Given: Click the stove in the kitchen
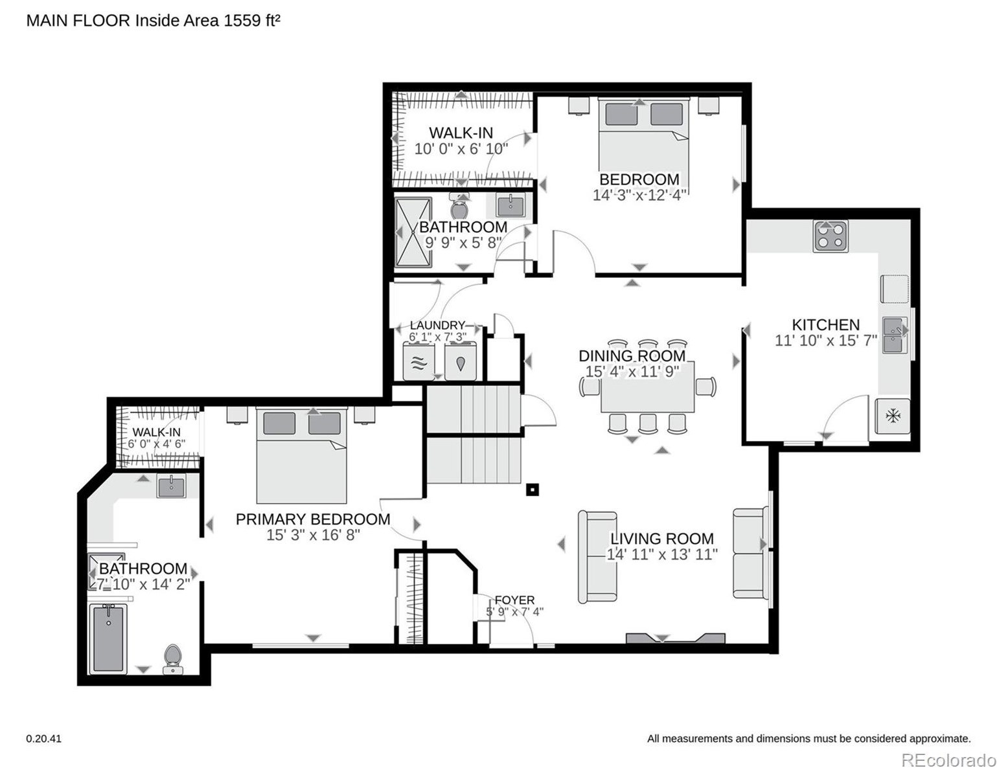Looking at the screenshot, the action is coord(830,236).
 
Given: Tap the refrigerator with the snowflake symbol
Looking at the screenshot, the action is coord(892,416).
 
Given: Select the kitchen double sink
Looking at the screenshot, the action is coord(894,335).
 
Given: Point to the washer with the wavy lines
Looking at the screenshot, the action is coord(418,362).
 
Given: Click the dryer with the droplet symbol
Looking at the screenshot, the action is coord(461,363).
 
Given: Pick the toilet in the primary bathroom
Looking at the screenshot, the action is coord(172,659).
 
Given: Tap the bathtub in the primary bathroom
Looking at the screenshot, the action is coord(108,638).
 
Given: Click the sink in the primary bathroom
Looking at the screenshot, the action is coord(171,486).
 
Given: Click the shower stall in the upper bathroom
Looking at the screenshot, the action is coord(413,232).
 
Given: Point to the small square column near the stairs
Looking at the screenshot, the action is coord(532,490).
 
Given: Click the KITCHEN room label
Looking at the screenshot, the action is coord(825,324).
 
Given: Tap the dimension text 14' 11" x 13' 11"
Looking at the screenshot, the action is coord(661,554).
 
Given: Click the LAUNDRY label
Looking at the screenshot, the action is coord(437,325).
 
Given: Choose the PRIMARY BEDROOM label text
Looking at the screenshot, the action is coord(313,519).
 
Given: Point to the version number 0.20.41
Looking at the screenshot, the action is coord(43,739).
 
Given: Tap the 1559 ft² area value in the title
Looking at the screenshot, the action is coord(251,21).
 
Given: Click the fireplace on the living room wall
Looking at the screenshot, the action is coord(676,638).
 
